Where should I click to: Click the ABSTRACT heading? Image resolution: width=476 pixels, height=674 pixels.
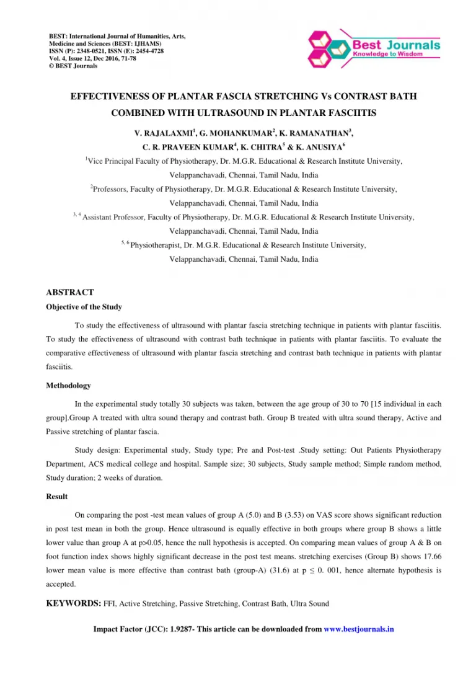click(70, 292)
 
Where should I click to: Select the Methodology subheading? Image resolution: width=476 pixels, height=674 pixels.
click(68, 386)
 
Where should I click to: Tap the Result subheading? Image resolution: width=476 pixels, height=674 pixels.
click(57, 497)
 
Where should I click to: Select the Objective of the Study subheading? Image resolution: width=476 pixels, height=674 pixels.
click(84, 307)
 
